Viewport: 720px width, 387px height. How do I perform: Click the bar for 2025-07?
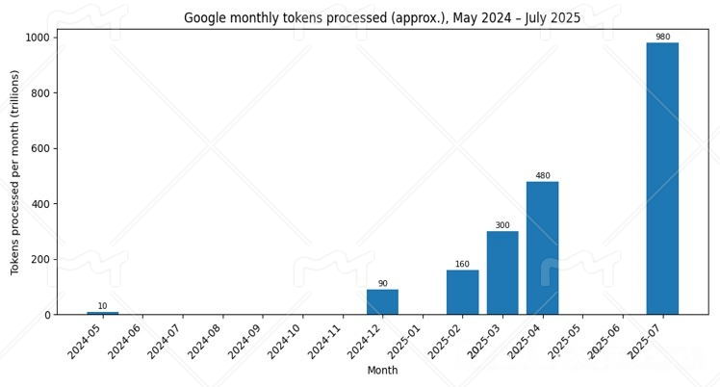(x=662, y=178)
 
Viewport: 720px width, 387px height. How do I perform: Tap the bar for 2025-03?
(x=502, y=272)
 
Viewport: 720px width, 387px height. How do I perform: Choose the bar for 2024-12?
(x=382, y=301)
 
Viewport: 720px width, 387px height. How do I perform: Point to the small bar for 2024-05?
(x=102, y=313)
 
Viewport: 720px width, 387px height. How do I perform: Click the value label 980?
(x=662, y=37)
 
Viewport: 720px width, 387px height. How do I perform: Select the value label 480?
(x=542, y=176)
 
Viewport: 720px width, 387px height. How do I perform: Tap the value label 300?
(x=502, y=225)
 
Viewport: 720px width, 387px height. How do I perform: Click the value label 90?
(x=382, y=284)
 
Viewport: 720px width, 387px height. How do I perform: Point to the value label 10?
(x=102, y=306)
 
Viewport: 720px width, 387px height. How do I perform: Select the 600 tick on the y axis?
(x=42, y=148)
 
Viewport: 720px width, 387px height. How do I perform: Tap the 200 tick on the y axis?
(x=42, y=259)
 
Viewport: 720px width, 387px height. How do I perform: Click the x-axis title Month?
(x=382, y=371)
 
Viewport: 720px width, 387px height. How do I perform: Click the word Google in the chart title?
(x=204, y=17)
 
